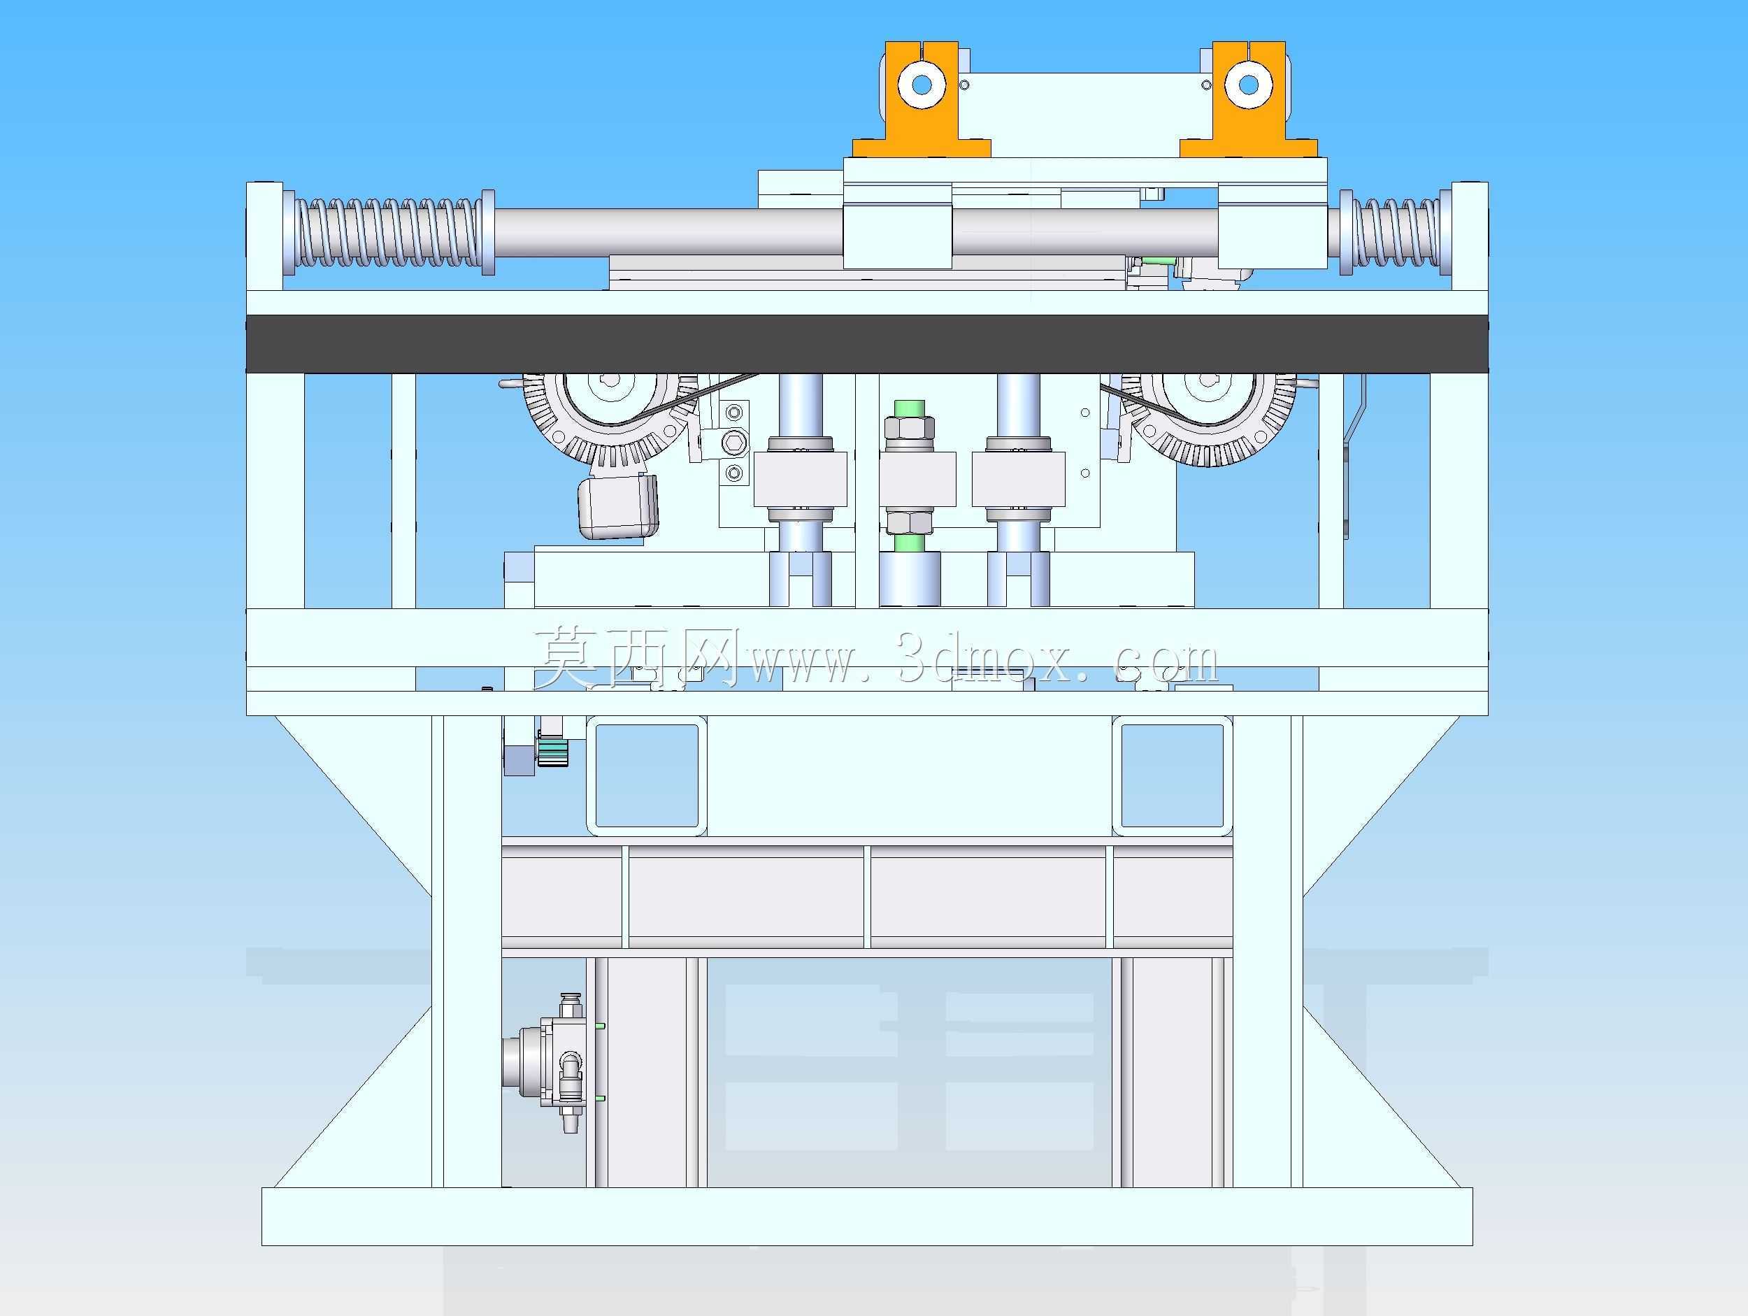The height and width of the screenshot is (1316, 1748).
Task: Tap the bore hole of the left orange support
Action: (922, 84)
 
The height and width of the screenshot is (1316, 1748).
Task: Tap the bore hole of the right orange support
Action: (1249, 84)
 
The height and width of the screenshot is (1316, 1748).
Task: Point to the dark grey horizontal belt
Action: (867, 344)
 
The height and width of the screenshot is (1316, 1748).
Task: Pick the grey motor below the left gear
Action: (619, 507)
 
